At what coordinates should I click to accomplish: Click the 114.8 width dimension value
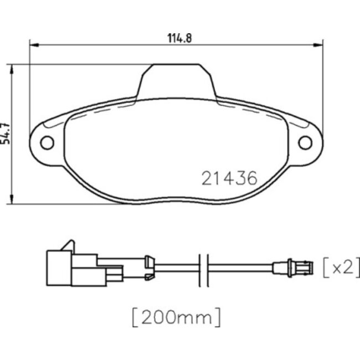pos(176,38)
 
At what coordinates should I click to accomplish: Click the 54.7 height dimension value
pos(6,133)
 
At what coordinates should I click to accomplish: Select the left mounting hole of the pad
pos(47,142)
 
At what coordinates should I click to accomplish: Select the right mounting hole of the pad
pos(305,142)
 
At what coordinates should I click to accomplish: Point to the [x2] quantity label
pos(338,268)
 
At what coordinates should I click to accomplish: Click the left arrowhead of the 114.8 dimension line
pos(32,44)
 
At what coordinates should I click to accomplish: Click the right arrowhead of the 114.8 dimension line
pos(320,44)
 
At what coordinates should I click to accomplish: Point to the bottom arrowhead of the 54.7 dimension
pos(12,200)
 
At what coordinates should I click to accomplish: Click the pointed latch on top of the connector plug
pos(68,245)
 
